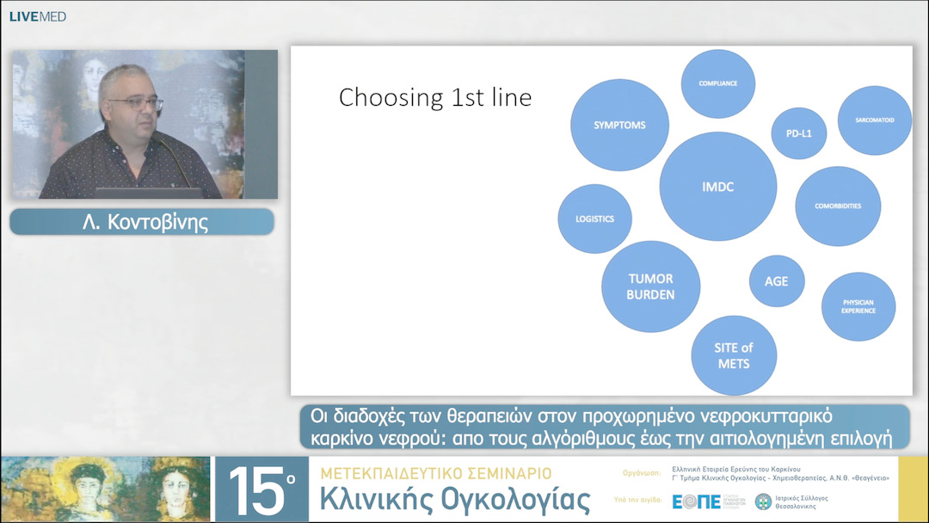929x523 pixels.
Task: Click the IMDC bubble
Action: pyautogui.click(x=717, y=187)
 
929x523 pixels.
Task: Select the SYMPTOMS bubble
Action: pyautogui.click(x=619, y=125)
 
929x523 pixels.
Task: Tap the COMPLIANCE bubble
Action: pyautogui.click(x=717, y=84)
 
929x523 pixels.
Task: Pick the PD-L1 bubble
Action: pyautogui.click(x=799, y=133)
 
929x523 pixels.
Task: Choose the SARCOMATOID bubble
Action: pyautogui.click(x=874, y=120)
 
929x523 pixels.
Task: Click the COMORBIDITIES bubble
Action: pyautogui.click(x=837, y=206)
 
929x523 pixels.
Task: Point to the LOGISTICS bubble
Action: pyautogui.click(x=594, y=218)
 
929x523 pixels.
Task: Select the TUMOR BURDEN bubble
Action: pyautogui.click(x=650, y=286)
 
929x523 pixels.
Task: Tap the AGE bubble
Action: pyautogui.click(x=777, y=281)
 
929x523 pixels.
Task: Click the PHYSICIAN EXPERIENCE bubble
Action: pyautogui.click(x=858, y=306)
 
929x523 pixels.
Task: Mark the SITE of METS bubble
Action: pyautogui.click(x=734, y=355)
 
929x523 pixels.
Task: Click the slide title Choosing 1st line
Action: pyautogui.click(x=435, y=97)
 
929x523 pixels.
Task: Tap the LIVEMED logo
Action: pyautogui.click(x=37, y=16)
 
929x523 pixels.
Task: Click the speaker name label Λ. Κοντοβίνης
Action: pyautogui.click(x=142, y=222)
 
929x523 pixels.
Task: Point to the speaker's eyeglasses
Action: pyautogui.click(x=136, y=103)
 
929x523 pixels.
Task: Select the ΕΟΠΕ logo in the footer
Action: pyautogui.click(x=697, y=501)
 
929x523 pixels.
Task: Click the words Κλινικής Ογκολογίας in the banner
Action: pyautogui.click(x=455, y=500)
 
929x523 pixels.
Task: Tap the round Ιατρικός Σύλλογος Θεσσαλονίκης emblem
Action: pyautogui.click(x=763, y=501)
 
